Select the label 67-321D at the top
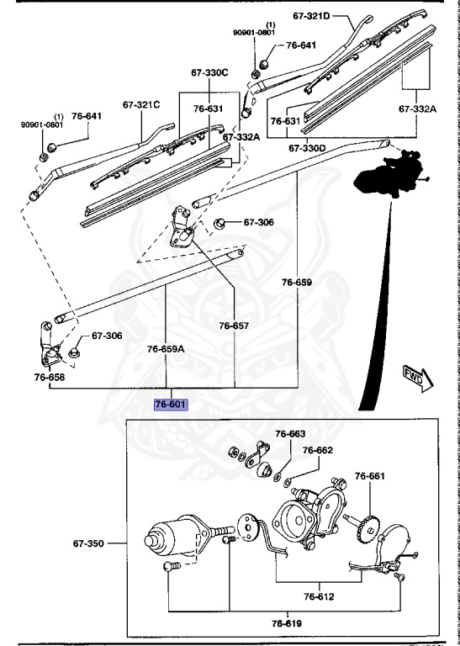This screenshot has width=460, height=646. pos(313,16)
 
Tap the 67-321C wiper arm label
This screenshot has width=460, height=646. pos(140,105)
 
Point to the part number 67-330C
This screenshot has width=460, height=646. pos(207,73)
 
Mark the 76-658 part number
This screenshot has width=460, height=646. pos(50,378)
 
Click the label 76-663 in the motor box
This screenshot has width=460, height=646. pos(290,434)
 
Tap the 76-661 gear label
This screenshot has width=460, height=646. pos(369,477)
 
